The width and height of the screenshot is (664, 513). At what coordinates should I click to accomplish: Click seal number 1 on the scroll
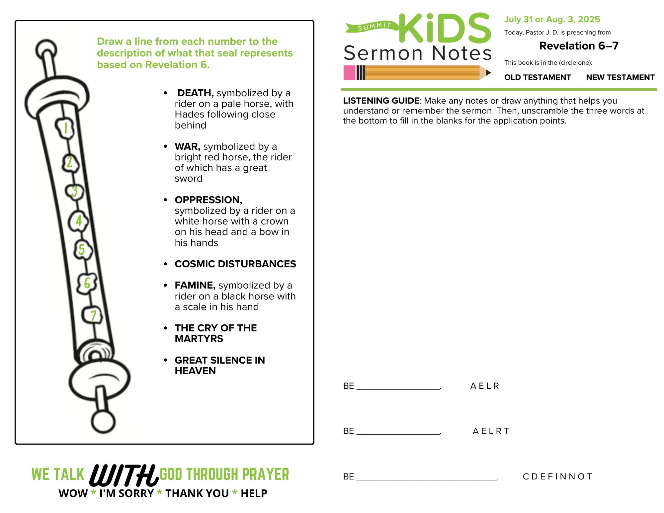tap(65, 128)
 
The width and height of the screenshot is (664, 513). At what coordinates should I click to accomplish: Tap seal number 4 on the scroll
tap(79, 221)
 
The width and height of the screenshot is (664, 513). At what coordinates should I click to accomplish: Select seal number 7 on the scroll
tap(93, 316)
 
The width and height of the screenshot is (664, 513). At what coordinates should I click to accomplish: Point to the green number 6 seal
tap(87, 283)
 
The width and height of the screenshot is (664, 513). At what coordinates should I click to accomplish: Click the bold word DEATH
tap(195, 93)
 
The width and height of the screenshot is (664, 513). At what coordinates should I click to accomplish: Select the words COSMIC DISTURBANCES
tap(235, 264)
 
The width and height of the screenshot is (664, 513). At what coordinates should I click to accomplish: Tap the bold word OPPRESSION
tap(208, 200)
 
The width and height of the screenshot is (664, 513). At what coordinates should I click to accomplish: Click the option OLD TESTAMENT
tap(537, 77)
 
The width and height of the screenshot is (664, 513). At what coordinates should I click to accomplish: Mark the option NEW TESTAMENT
tap(620, 77)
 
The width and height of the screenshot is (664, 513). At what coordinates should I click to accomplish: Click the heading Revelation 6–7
tap(579, 46)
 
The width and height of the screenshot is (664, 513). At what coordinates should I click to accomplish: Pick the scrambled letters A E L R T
tap(491, 431)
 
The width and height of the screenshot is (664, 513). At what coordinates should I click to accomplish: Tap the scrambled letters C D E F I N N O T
tap(557, 477)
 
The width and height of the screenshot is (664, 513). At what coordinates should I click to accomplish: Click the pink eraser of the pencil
tap(349, 73)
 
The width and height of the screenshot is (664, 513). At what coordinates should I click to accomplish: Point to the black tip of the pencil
tap(488, 73)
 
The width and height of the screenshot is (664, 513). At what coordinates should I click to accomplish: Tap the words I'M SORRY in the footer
tap(126, 493)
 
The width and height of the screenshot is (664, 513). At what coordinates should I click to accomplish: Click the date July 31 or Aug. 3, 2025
tap(552, 19)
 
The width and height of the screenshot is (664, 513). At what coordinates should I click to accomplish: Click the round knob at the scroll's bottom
tap(103, 422)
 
